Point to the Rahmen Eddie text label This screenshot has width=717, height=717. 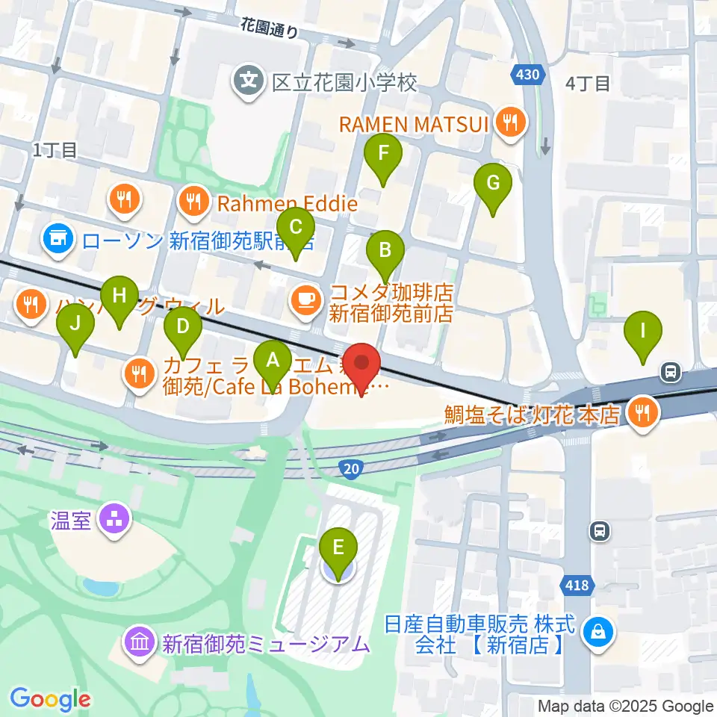pyautogui.click(x=288, y=202)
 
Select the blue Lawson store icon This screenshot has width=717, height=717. pyautogui.click(x=56, y=239)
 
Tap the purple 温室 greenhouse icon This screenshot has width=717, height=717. pyautogui.click(x=117, y=520)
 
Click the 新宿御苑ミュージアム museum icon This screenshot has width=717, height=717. pyautogui.click(x=140, y=642)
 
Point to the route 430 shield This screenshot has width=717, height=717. pyautogui.click(x=526, y=74)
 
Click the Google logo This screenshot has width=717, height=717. pyautogui.click(x=49, y=699)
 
